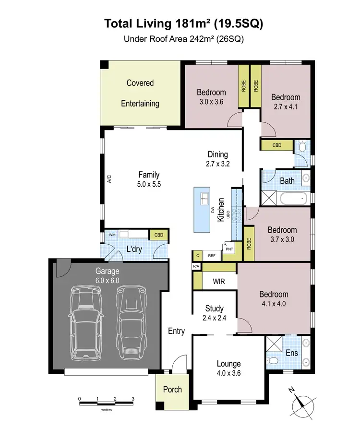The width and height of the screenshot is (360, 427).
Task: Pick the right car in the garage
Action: coord(130,322)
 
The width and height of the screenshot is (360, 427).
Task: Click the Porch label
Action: coord(172,389)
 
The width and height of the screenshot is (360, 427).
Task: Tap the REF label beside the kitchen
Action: coord(211,256)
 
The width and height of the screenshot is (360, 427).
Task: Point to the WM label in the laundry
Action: coord(112,235)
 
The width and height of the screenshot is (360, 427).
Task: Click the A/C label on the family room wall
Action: coord(109,180)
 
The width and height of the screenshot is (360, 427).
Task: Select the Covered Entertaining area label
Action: coord(140,93)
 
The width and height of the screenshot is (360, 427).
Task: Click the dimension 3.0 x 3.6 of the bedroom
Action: coord(211,102)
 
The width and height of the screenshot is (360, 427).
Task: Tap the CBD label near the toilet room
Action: coord(276,144)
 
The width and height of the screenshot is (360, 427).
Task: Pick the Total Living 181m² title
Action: coord(184,23)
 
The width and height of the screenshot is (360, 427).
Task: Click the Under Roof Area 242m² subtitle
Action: coord(184,40)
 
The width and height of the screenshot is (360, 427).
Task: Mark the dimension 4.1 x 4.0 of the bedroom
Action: coord(274,303)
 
